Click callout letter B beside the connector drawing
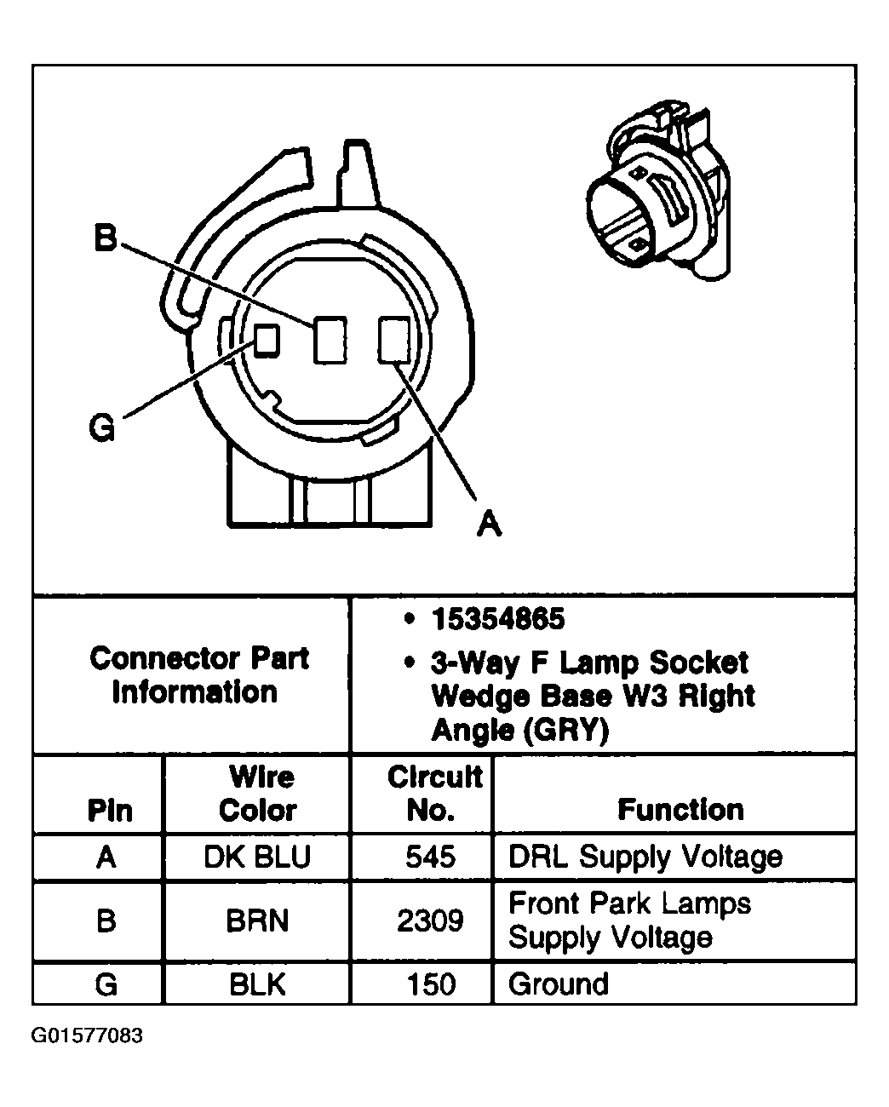pos(105,238)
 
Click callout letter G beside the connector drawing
pos(102,427)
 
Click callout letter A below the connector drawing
pos(488,523)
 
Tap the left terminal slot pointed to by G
pos(267,340)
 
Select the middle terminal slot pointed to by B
pos(330,340)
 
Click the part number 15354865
pos(497,619)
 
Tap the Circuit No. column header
pos(433,794)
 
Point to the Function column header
pos(680,809)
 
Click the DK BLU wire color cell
pos(256,857)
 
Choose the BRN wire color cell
pos(257,921)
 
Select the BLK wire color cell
pos(257,984)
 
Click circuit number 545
pos(431,857)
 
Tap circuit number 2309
pos(431,921)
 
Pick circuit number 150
pos(431,984)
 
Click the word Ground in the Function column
pos(559,984)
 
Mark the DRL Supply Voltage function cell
pos(645,857)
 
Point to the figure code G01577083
pos(88,1036)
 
